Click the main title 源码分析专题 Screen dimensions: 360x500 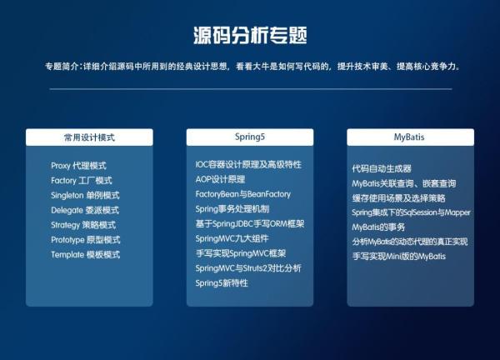(x=249, y=35)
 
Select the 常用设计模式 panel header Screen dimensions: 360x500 (x=89, y=136)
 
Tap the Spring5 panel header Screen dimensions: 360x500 (x=249, y=136)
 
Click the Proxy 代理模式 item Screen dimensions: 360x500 (x=78, y=166)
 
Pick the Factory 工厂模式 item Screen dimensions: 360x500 (x=81, y=180)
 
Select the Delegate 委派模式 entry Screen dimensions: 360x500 (x=85, y=210)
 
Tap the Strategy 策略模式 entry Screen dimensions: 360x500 (x=83, y=225)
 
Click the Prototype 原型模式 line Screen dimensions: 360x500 (x=86, y=240)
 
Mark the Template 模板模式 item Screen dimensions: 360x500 (x=85, y=255)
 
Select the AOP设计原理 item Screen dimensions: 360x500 (x=221, y=179)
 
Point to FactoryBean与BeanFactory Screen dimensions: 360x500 (x=243, y=194)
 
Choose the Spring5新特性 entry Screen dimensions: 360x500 (x=222, y=283)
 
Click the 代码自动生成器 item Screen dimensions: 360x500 (x=382, y=168)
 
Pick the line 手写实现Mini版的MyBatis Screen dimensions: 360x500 (x=398, y=257)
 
